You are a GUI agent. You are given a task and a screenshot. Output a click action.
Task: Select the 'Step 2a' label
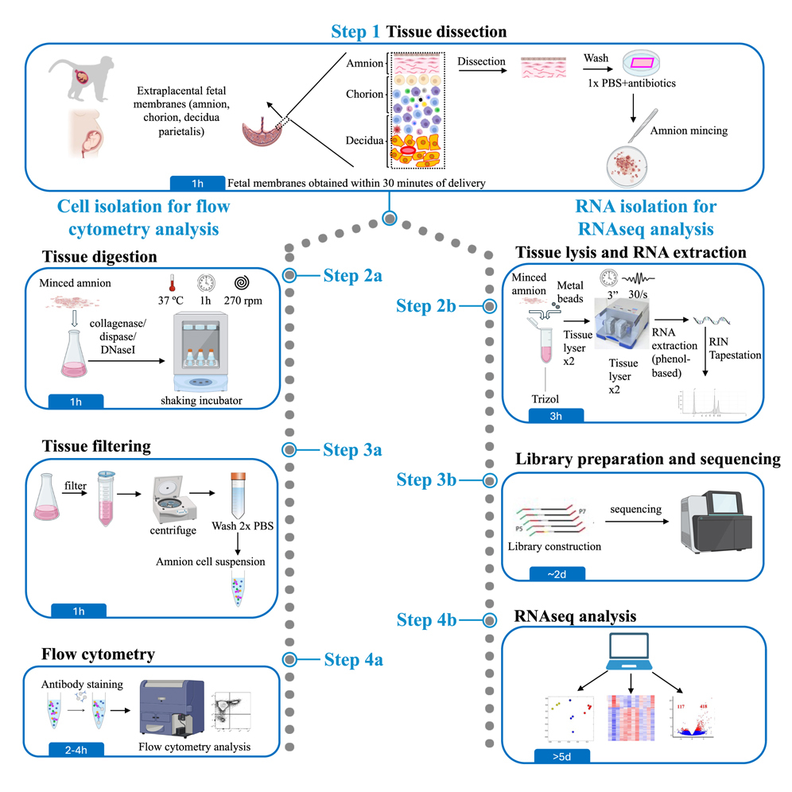tap(352, 275)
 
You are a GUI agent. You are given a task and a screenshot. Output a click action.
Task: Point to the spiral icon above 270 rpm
tap(240, 283)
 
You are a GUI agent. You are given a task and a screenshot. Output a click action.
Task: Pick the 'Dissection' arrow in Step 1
tap(482, 71)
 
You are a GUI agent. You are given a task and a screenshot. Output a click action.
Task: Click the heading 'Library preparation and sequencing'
tap(647, 459)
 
